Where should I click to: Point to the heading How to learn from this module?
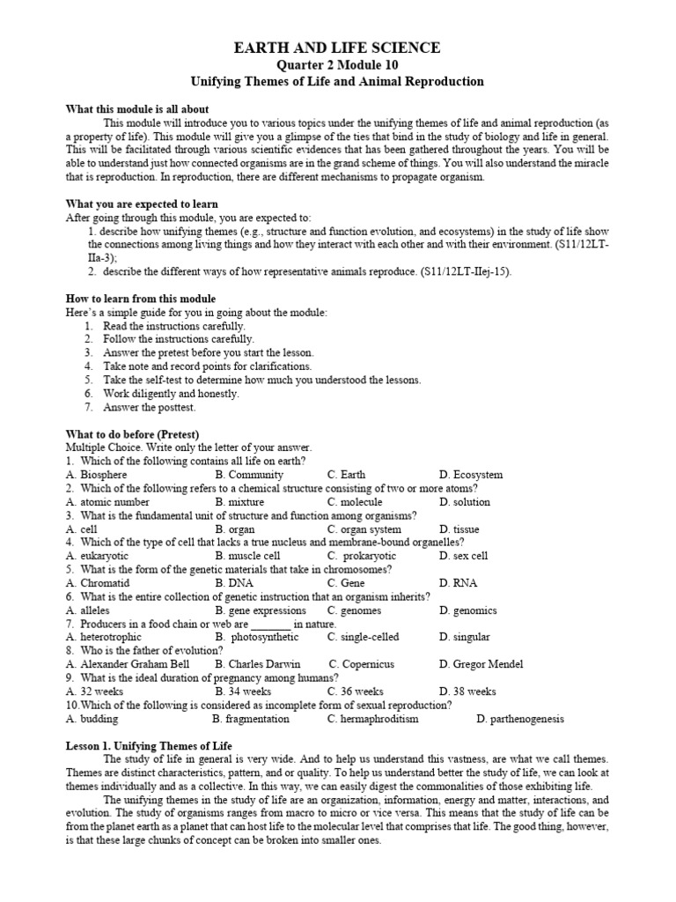[x=141, y=299]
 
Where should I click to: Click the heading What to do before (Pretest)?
[x=133, y=434]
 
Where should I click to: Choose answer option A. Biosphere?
[x=97, y=475]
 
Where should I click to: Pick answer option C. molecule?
[x=355, y=502]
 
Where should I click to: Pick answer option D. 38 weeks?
[x=468, y=691]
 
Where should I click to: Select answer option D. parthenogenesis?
[x=520, y=718]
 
